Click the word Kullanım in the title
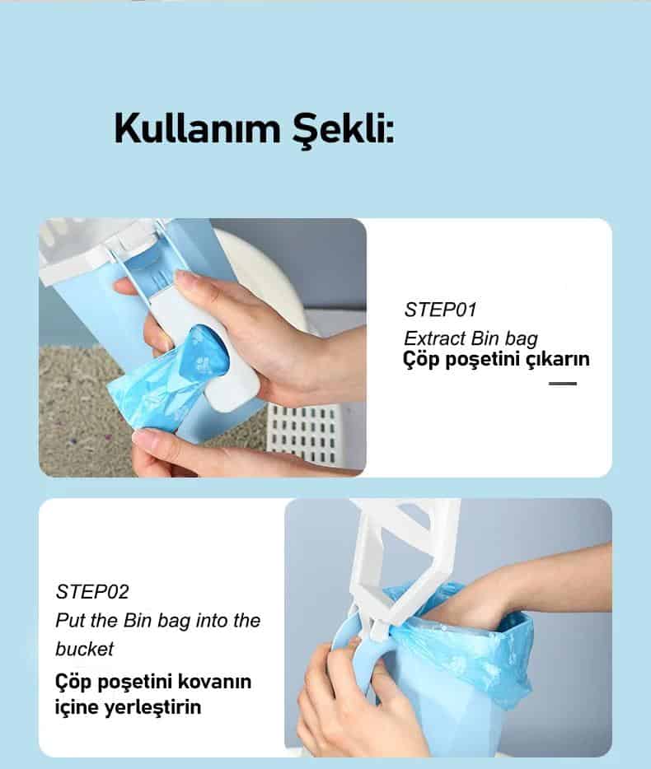coord(198,128)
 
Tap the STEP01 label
coord(440,310)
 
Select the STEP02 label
coord(92,592)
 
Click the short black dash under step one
coord(563,384)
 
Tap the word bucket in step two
coord(84,649)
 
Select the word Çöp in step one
coord(421,360)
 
